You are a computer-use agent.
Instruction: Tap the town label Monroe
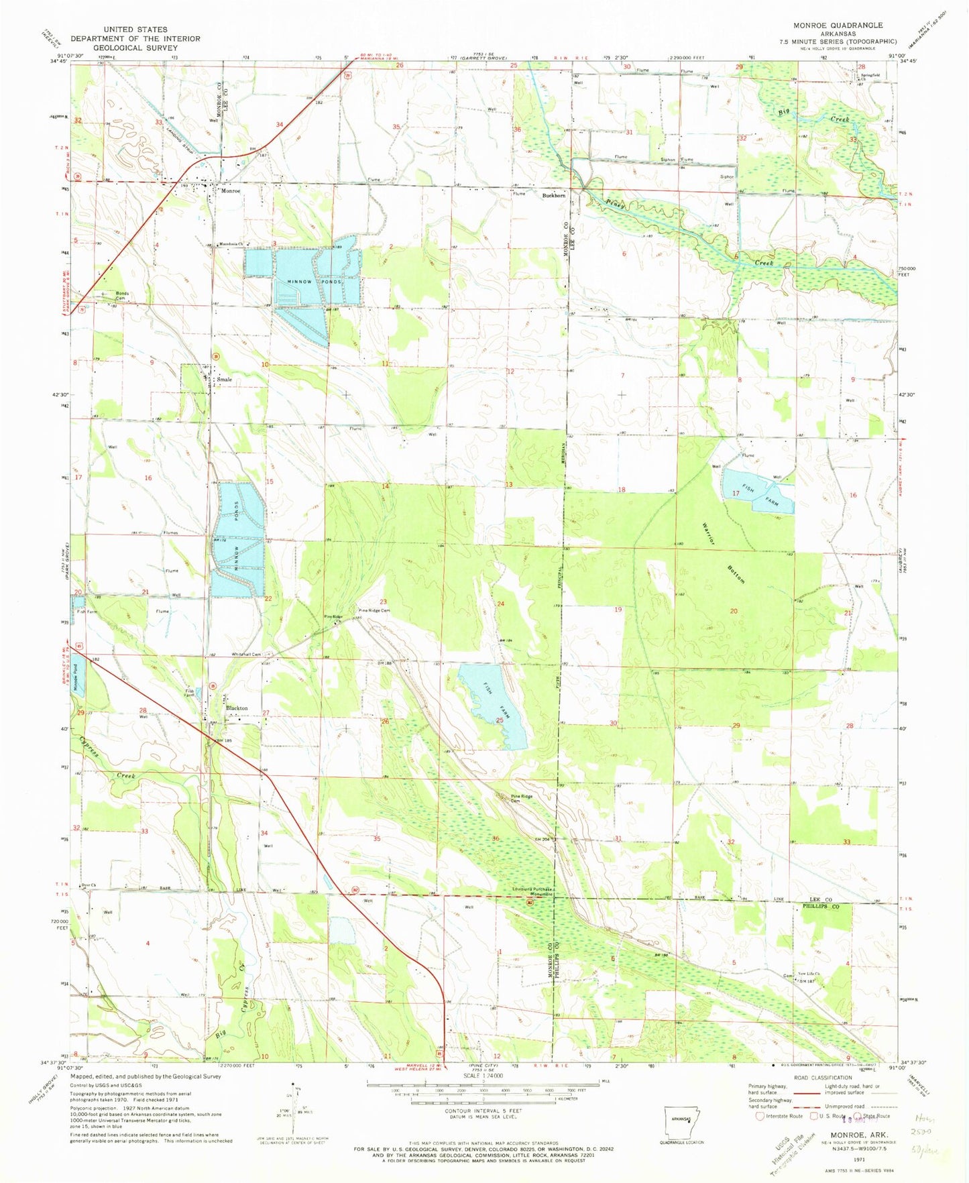[230, 191]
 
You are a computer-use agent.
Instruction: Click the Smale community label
[224, 380]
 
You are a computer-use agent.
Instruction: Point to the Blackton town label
[237, 708]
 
